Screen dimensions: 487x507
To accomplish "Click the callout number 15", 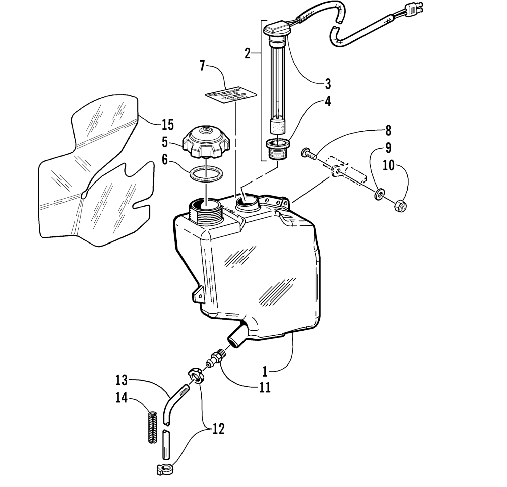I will pos(167,125).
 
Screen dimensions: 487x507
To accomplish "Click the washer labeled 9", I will pos(379,194).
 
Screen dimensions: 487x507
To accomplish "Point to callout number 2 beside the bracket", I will pos(247,54).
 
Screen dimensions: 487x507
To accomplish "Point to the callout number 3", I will pos(328,84).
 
